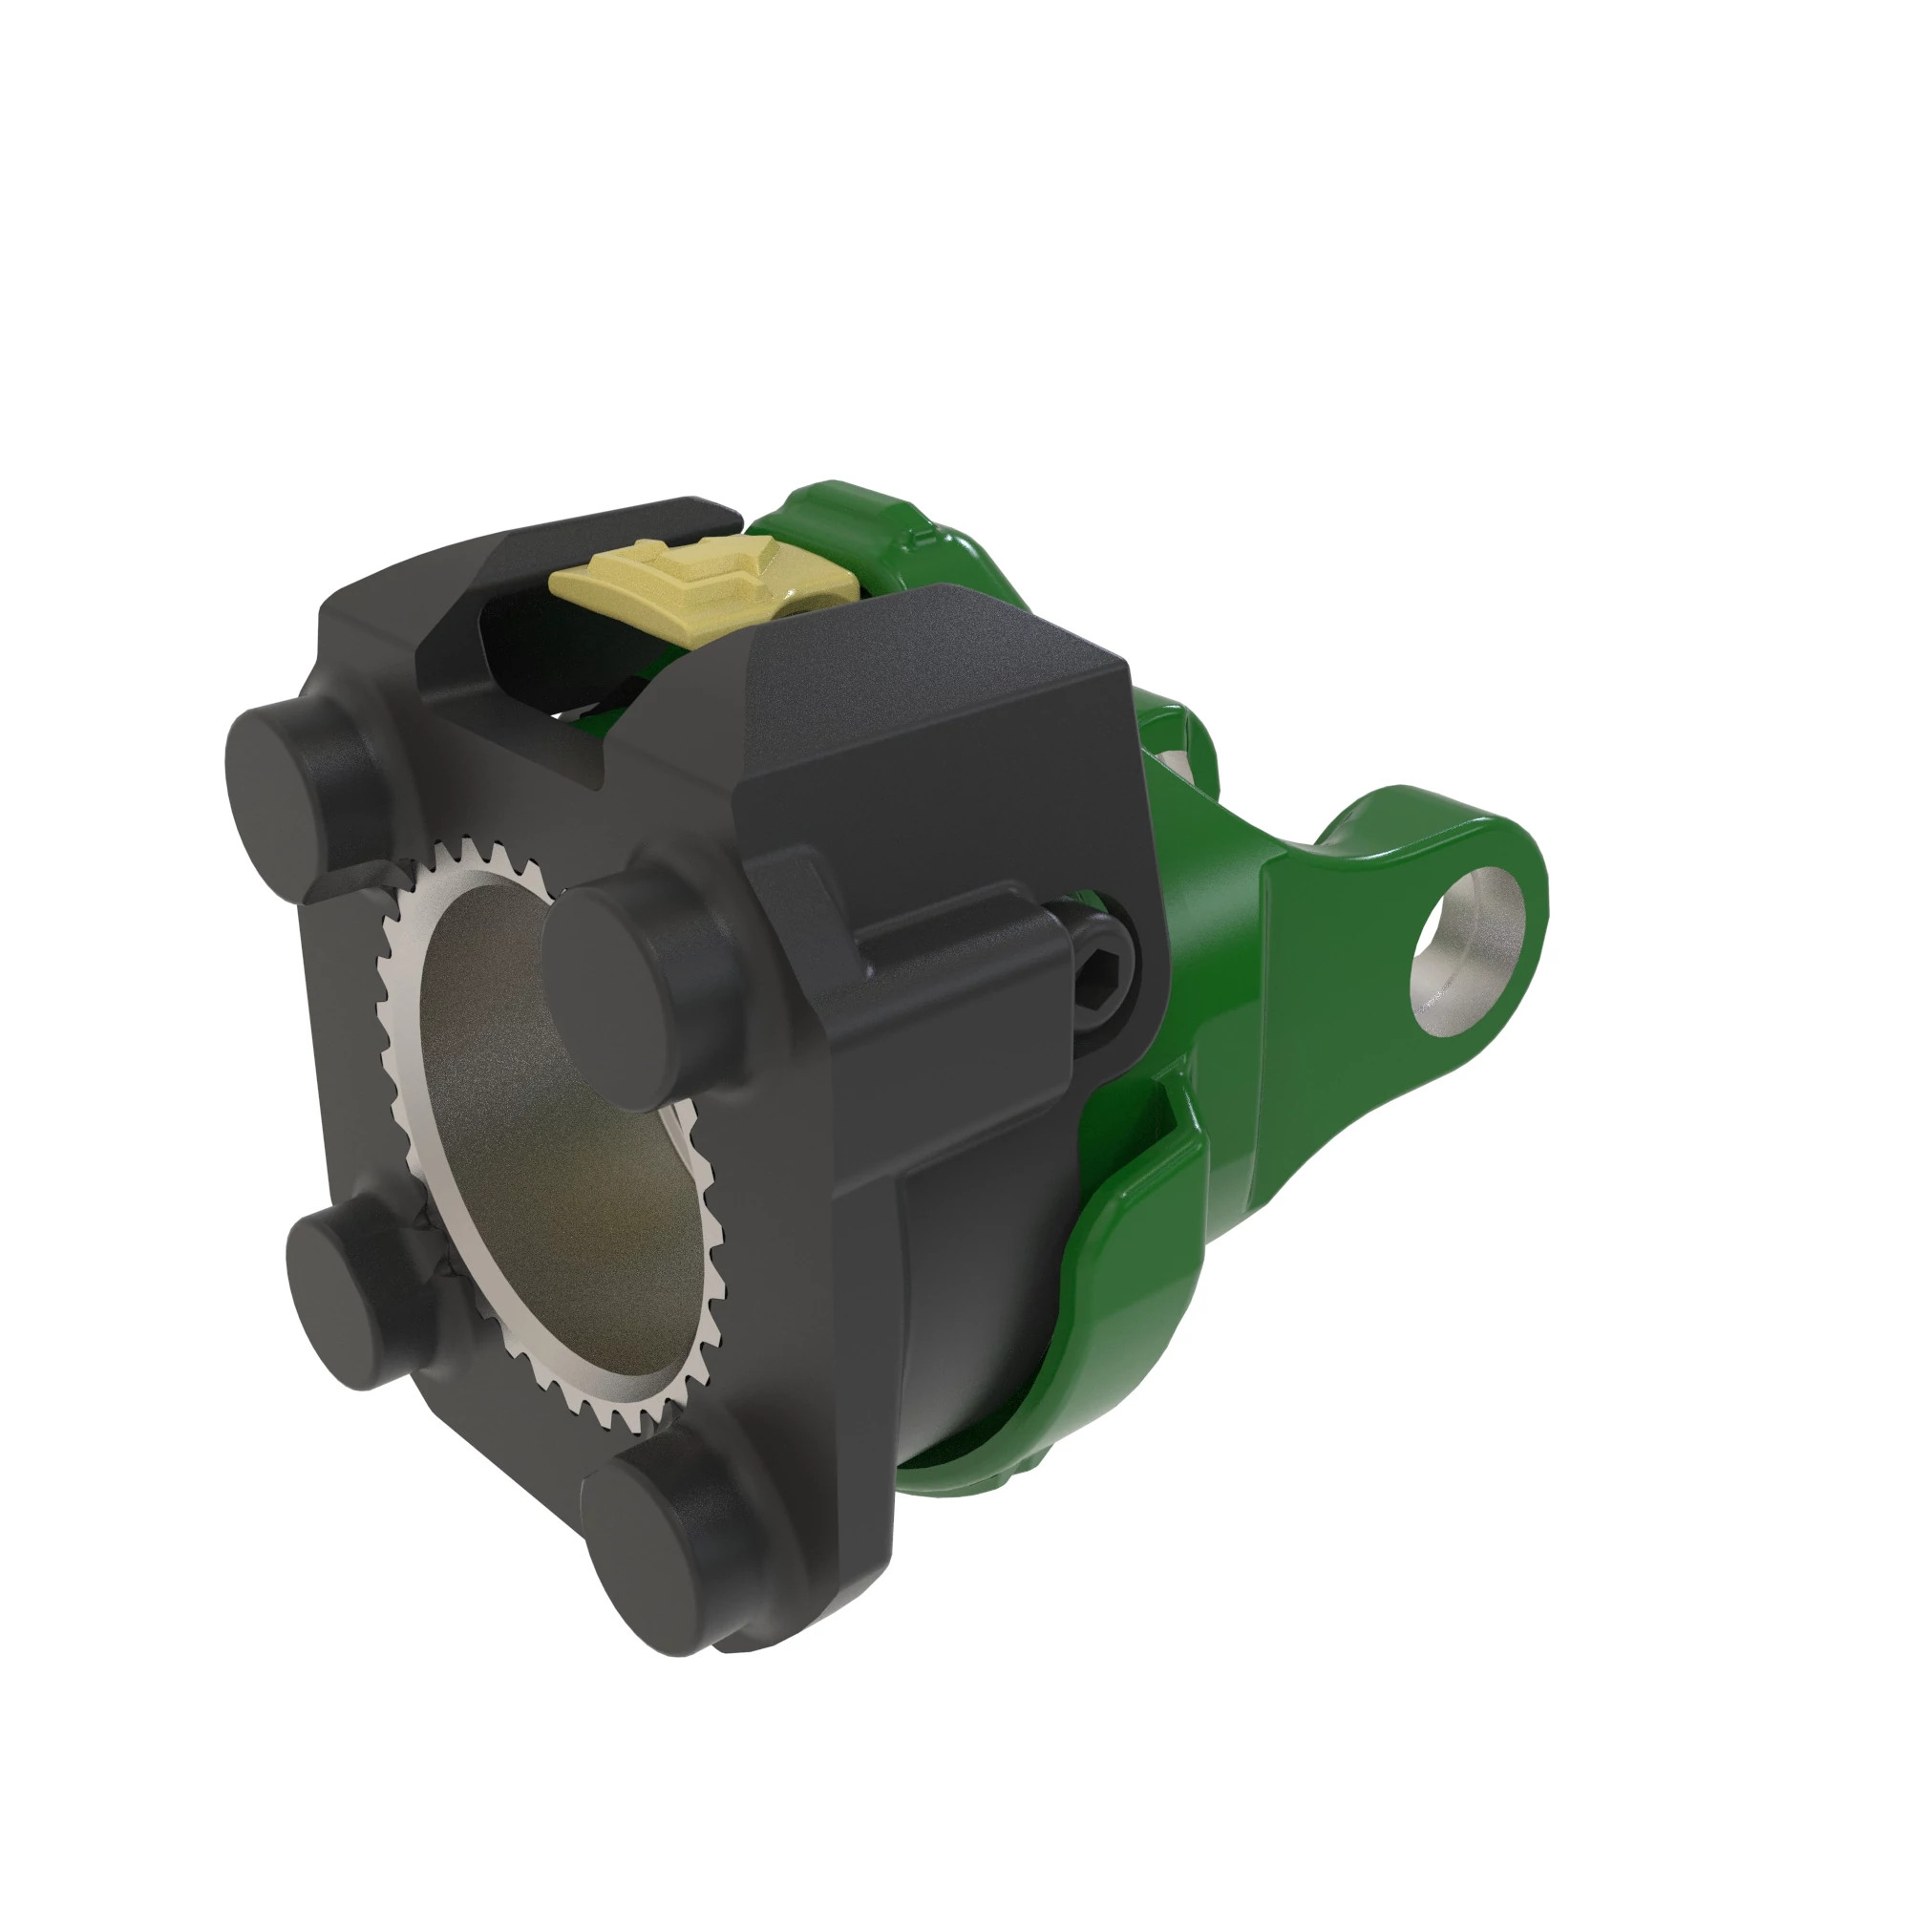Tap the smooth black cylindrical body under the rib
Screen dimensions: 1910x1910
pos(979,1285)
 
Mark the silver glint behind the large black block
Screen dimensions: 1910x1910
pos(1177,761)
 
